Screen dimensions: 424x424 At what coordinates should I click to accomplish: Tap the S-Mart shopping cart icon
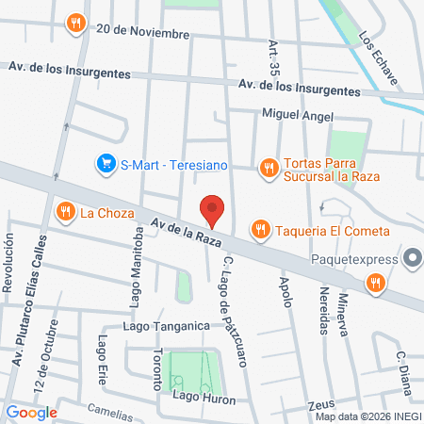point(107,165)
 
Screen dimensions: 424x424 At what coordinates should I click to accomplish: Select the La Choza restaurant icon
point(65,212)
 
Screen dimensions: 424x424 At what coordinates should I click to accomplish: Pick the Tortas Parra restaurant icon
point(269,167)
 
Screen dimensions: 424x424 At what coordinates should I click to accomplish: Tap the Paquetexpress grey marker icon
point(412,257)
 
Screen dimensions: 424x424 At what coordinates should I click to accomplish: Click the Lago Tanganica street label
point(165,326)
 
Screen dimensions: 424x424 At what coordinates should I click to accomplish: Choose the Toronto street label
point(156,369)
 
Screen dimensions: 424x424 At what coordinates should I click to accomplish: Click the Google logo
point(31,412)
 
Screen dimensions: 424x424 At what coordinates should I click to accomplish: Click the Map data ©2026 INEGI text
point(368,416)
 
